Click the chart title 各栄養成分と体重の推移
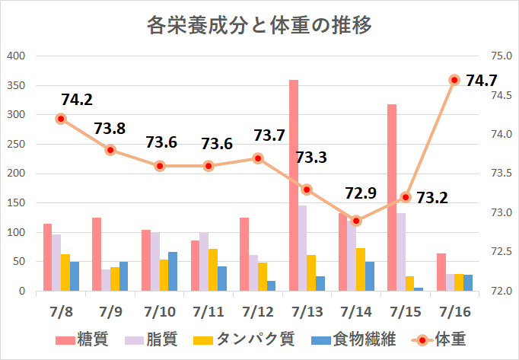pyautogui.click(x=259, y=26)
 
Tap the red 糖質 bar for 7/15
pyautogui.click(x=392, y=198)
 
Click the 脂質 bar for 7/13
pyautogui.click(x=302, y=248)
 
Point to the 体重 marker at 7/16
pyautogui.click(x=454, y=80)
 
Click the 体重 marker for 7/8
pyautogui.click(x=61, y=119)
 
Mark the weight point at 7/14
pyautogui.click(x=356, y=221)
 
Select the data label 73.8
pyautogui.click(x=110, y=129)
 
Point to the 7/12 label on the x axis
pyautogui.click(x=257, y=312)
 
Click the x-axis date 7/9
pyautogui.click(x=110, y=312)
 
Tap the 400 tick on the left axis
pyautogui.click(x=16, y=56)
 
